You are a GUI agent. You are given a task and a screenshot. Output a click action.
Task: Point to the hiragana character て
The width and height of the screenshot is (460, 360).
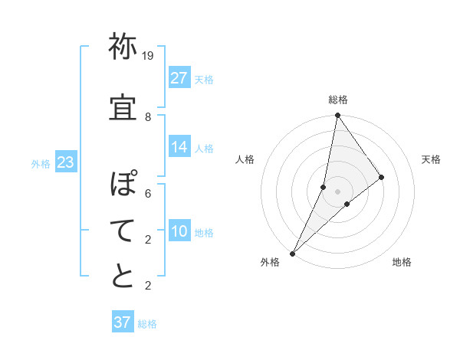[123, 230]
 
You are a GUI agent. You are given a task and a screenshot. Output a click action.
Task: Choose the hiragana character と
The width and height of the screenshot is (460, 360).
[123, 276]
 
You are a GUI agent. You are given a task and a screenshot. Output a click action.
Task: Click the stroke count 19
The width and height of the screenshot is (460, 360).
[148, 56]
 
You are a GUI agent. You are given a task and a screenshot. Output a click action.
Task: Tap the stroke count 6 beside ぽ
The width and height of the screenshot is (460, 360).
[148, 194]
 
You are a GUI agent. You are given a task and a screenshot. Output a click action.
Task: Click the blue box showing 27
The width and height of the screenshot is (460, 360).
[179, 78]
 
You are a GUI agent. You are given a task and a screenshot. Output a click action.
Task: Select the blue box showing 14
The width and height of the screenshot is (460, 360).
[179, 147]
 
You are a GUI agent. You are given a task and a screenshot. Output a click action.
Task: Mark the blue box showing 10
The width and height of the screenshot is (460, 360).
[179, 231]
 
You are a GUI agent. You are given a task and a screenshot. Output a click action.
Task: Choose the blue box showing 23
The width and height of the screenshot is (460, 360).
[65, 162]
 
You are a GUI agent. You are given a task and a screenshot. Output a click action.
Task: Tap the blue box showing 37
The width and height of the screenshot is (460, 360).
[123, 322]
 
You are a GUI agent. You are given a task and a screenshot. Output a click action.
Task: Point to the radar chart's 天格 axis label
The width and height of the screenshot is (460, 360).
[431, 159]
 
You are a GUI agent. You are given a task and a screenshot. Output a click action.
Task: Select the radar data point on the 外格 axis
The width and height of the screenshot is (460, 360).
[292, 253]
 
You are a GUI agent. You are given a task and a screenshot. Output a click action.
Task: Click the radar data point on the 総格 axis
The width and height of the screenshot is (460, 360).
[337, 116]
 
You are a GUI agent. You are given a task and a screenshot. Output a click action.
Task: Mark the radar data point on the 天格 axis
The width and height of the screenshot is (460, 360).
[382, 177]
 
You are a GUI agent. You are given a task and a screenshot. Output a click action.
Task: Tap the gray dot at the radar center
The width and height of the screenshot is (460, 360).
[337, 191]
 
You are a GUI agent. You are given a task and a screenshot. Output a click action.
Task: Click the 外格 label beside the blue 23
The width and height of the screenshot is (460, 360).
[41, 163]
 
